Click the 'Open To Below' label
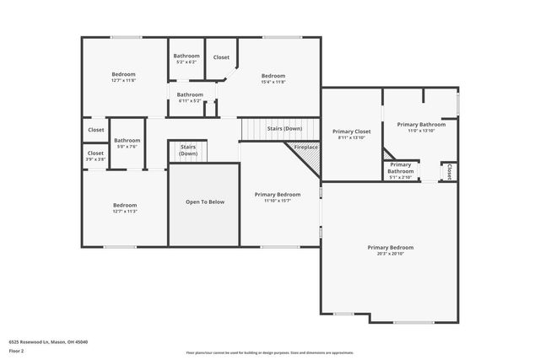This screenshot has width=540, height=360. [x=205, y=202]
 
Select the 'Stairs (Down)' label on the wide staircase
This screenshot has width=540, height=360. [x=284, y=128]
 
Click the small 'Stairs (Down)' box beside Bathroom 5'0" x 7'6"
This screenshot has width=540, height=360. [x=187, y=150]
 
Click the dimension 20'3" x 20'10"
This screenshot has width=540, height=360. [x=390, y=254]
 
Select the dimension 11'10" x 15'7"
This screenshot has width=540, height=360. [x=278, y=201]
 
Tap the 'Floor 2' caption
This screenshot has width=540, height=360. [x=16, y=350]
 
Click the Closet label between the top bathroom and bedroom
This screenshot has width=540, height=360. [x=221, y=57]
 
